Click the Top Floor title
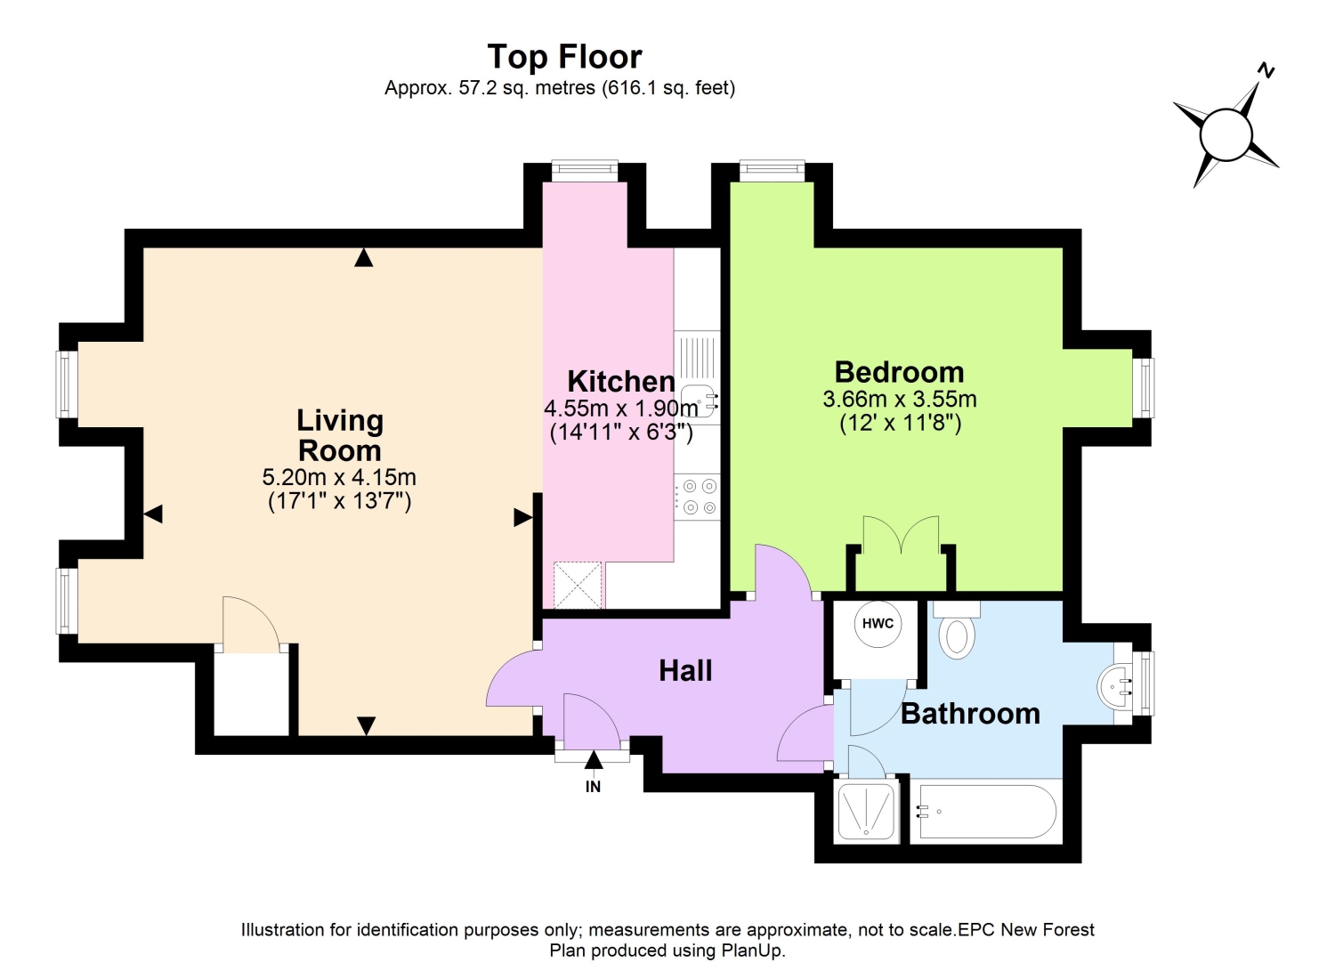click(x=564, y=57)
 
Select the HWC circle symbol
click(x=878, y=624)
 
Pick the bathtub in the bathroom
click(x=987, y=812)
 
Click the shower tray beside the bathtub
click(x=867, y=812)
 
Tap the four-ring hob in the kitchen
click(x=698, y=498)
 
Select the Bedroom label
click(x=899, y=373)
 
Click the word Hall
click(x=685, y=671)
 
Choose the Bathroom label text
click(x=970, y=714)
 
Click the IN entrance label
click(x=593, y=787)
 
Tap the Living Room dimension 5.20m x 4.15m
click(x=339, y=477)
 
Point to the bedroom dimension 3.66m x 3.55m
click(x=900, y=400)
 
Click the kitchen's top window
click(x=585, y=170)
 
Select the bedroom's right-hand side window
click(x=1144, y=388)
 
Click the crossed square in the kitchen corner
click(x=578, y=586)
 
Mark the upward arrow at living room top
click(x=363, y=257)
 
